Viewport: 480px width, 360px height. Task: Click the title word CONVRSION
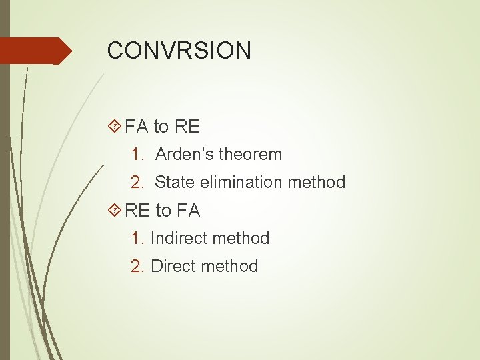point(179,51)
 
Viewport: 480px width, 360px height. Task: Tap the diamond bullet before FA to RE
point(114,126)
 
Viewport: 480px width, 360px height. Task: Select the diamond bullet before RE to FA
point(114,211)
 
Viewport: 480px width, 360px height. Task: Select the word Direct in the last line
point(173,266)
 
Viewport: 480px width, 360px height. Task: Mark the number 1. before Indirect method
point(138,238)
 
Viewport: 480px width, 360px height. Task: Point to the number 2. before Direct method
point(138,266)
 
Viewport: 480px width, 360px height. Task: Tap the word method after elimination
point(319,182)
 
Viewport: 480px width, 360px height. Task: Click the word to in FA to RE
point(161,126)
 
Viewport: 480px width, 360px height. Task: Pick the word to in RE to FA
point(163,211)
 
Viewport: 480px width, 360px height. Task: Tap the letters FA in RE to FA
point(188,211)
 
